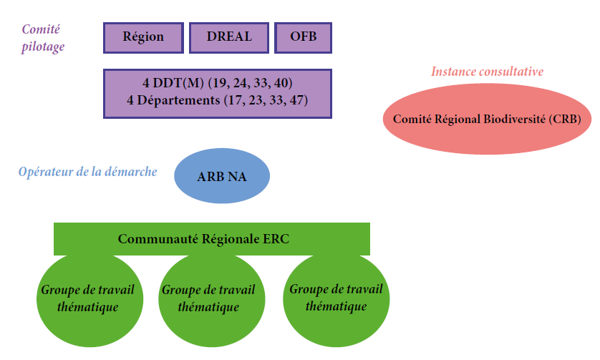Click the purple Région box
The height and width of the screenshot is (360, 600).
pyautogui.click(x=143, y=37)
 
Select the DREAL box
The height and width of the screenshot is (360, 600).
pyautogui.click(x=229, y=37)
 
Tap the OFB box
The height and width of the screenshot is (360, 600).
pyautogui.click(x=303, y=37)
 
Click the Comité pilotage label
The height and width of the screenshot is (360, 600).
pyautogui.click(x=42, y=38)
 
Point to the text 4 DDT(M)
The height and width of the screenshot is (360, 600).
pyautogui.click(x=173, y=82)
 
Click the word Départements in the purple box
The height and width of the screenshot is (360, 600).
pyautogui.click(x=178, y=100)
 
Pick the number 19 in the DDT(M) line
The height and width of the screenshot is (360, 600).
pyautogui.click(x=218, y=83)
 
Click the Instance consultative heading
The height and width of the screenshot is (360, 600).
pyautogui.click(x=487, y=72)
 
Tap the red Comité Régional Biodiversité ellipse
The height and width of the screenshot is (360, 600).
pyautogui.click(x=487, y=119)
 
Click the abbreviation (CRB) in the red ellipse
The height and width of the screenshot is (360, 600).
pyautogui.click(x=565, y=120)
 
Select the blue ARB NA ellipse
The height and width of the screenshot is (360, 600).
pyautogui.click(x=222, y=176)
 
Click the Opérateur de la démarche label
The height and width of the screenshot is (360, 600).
pyautogui.click(x=87, y=172)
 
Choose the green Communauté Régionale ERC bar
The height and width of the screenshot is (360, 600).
pyautogui.click(x=212, y=239)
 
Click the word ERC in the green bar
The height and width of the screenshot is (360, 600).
pyautogui.click(x=276, y=239)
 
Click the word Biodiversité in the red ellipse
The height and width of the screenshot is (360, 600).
pyautogui.click(x=514, y=119)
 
